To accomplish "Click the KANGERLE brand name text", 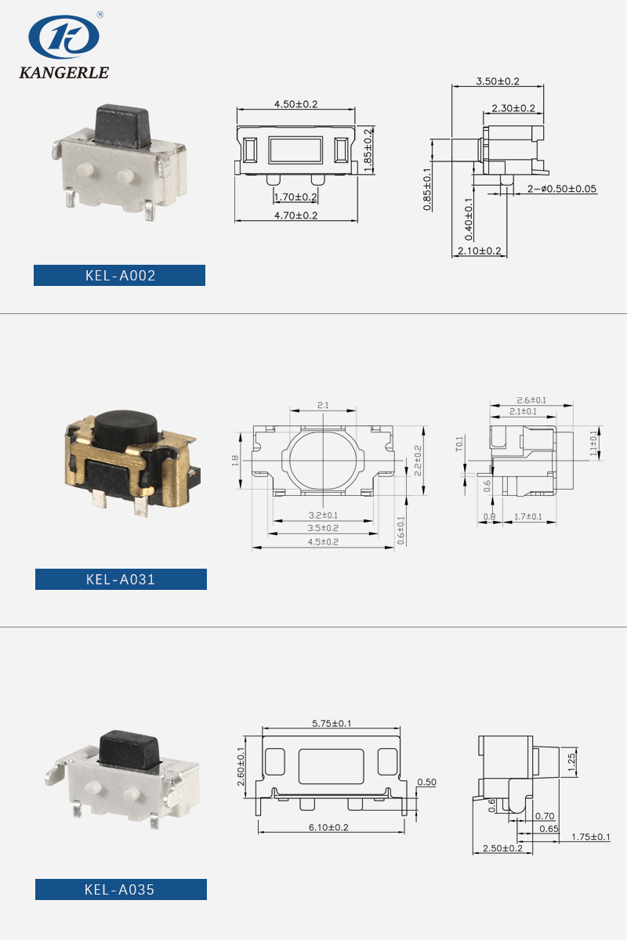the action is (x=63, y=73).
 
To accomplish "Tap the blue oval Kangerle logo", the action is (x=63, y=37).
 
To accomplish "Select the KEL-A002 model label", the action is (x=120, y=276).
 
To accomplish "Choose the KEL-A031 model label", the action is (x=121, y=580).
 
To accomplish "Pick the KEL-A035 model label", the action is (x=120, y=890).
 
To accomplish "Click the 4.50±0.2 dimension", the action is (x=296, y=104).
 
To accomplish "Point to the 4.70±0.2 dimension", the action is (x=296, y=215).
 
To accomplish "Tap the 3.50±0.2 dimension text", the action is (x=498, y=81).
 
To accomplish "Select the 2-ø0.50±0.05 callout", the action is (x=562, y=189).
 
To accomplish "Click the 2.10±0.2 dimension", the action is (x=479, y=251).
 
